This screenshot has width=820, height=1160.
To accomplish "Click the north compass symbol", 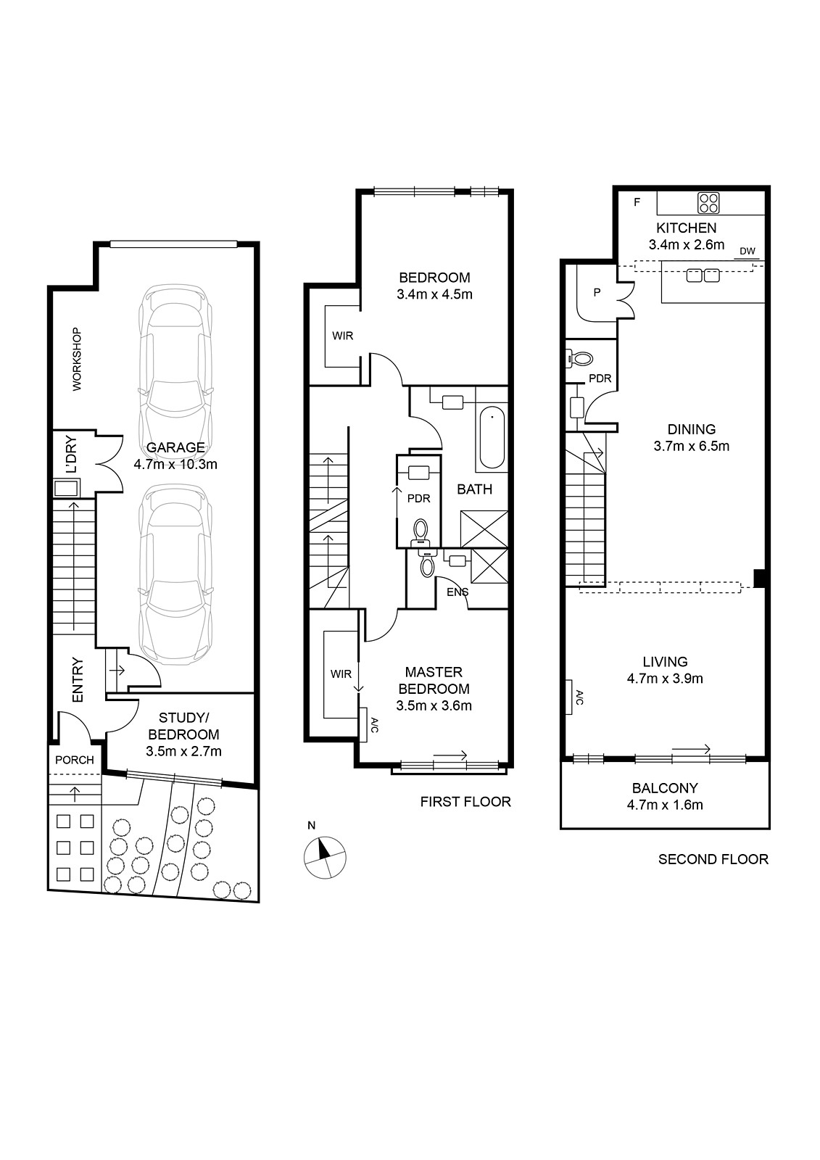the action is pyautogui.click(x=324, y=857).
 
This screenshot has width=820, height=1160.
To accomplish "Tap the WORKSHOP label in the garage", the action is pyautogui.click(x=77, y=359).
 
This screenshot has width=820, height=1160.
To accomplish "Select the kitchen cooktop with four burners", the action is pyautogui.click(x=708, y=202).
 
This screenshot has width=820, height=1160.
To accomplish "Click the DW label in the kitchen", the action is pyautogui.click(x=747, y=251).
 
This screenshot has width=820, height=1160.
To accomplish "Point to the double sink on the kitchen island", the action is pyautogui.click(x=703, y=275).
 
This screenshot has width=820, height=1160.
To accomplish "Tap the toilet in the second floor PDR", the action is pyautogui.click(x=579, y=358).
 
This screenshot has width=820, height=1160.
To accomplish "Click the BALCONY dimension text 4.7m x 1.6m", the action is pyautogui.click(x=665, y=805).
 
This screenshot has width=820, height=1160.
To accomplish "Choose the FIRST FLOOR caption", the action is pyautogui.click(x=465, y=802).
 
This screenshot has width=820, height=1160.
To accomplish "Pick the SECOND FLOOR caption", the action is pyautogui.click(x=713, y=859).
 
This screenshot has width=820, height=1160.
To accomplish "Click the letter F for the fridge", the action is pyautogui.click(x=637, y=202).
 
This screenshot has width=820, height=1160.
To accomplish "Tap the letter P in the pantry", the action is pyautogui.click(x=597, y=292).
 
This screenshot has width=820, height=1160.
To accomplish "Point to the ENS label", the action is pyautogui.click(x=457, y=592).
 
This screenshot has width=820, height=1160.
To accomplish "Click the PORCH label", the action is pyautogui.click(x=75, y=760).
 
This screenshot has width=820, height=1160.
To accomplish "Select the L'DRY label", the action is pyautogui.click(x=72, y=454).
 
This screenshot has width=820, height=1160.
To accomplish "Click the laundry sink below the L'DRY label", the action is pyautogui.click(x=66, y=488).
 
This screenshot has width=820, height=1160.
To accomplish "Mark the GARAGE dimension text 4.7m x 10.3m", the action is pyautogui.click(x=175, y=464).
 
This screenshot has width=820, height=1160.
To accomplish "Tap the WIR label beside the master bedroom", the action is pyautogui.click(x=341, y=674).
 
